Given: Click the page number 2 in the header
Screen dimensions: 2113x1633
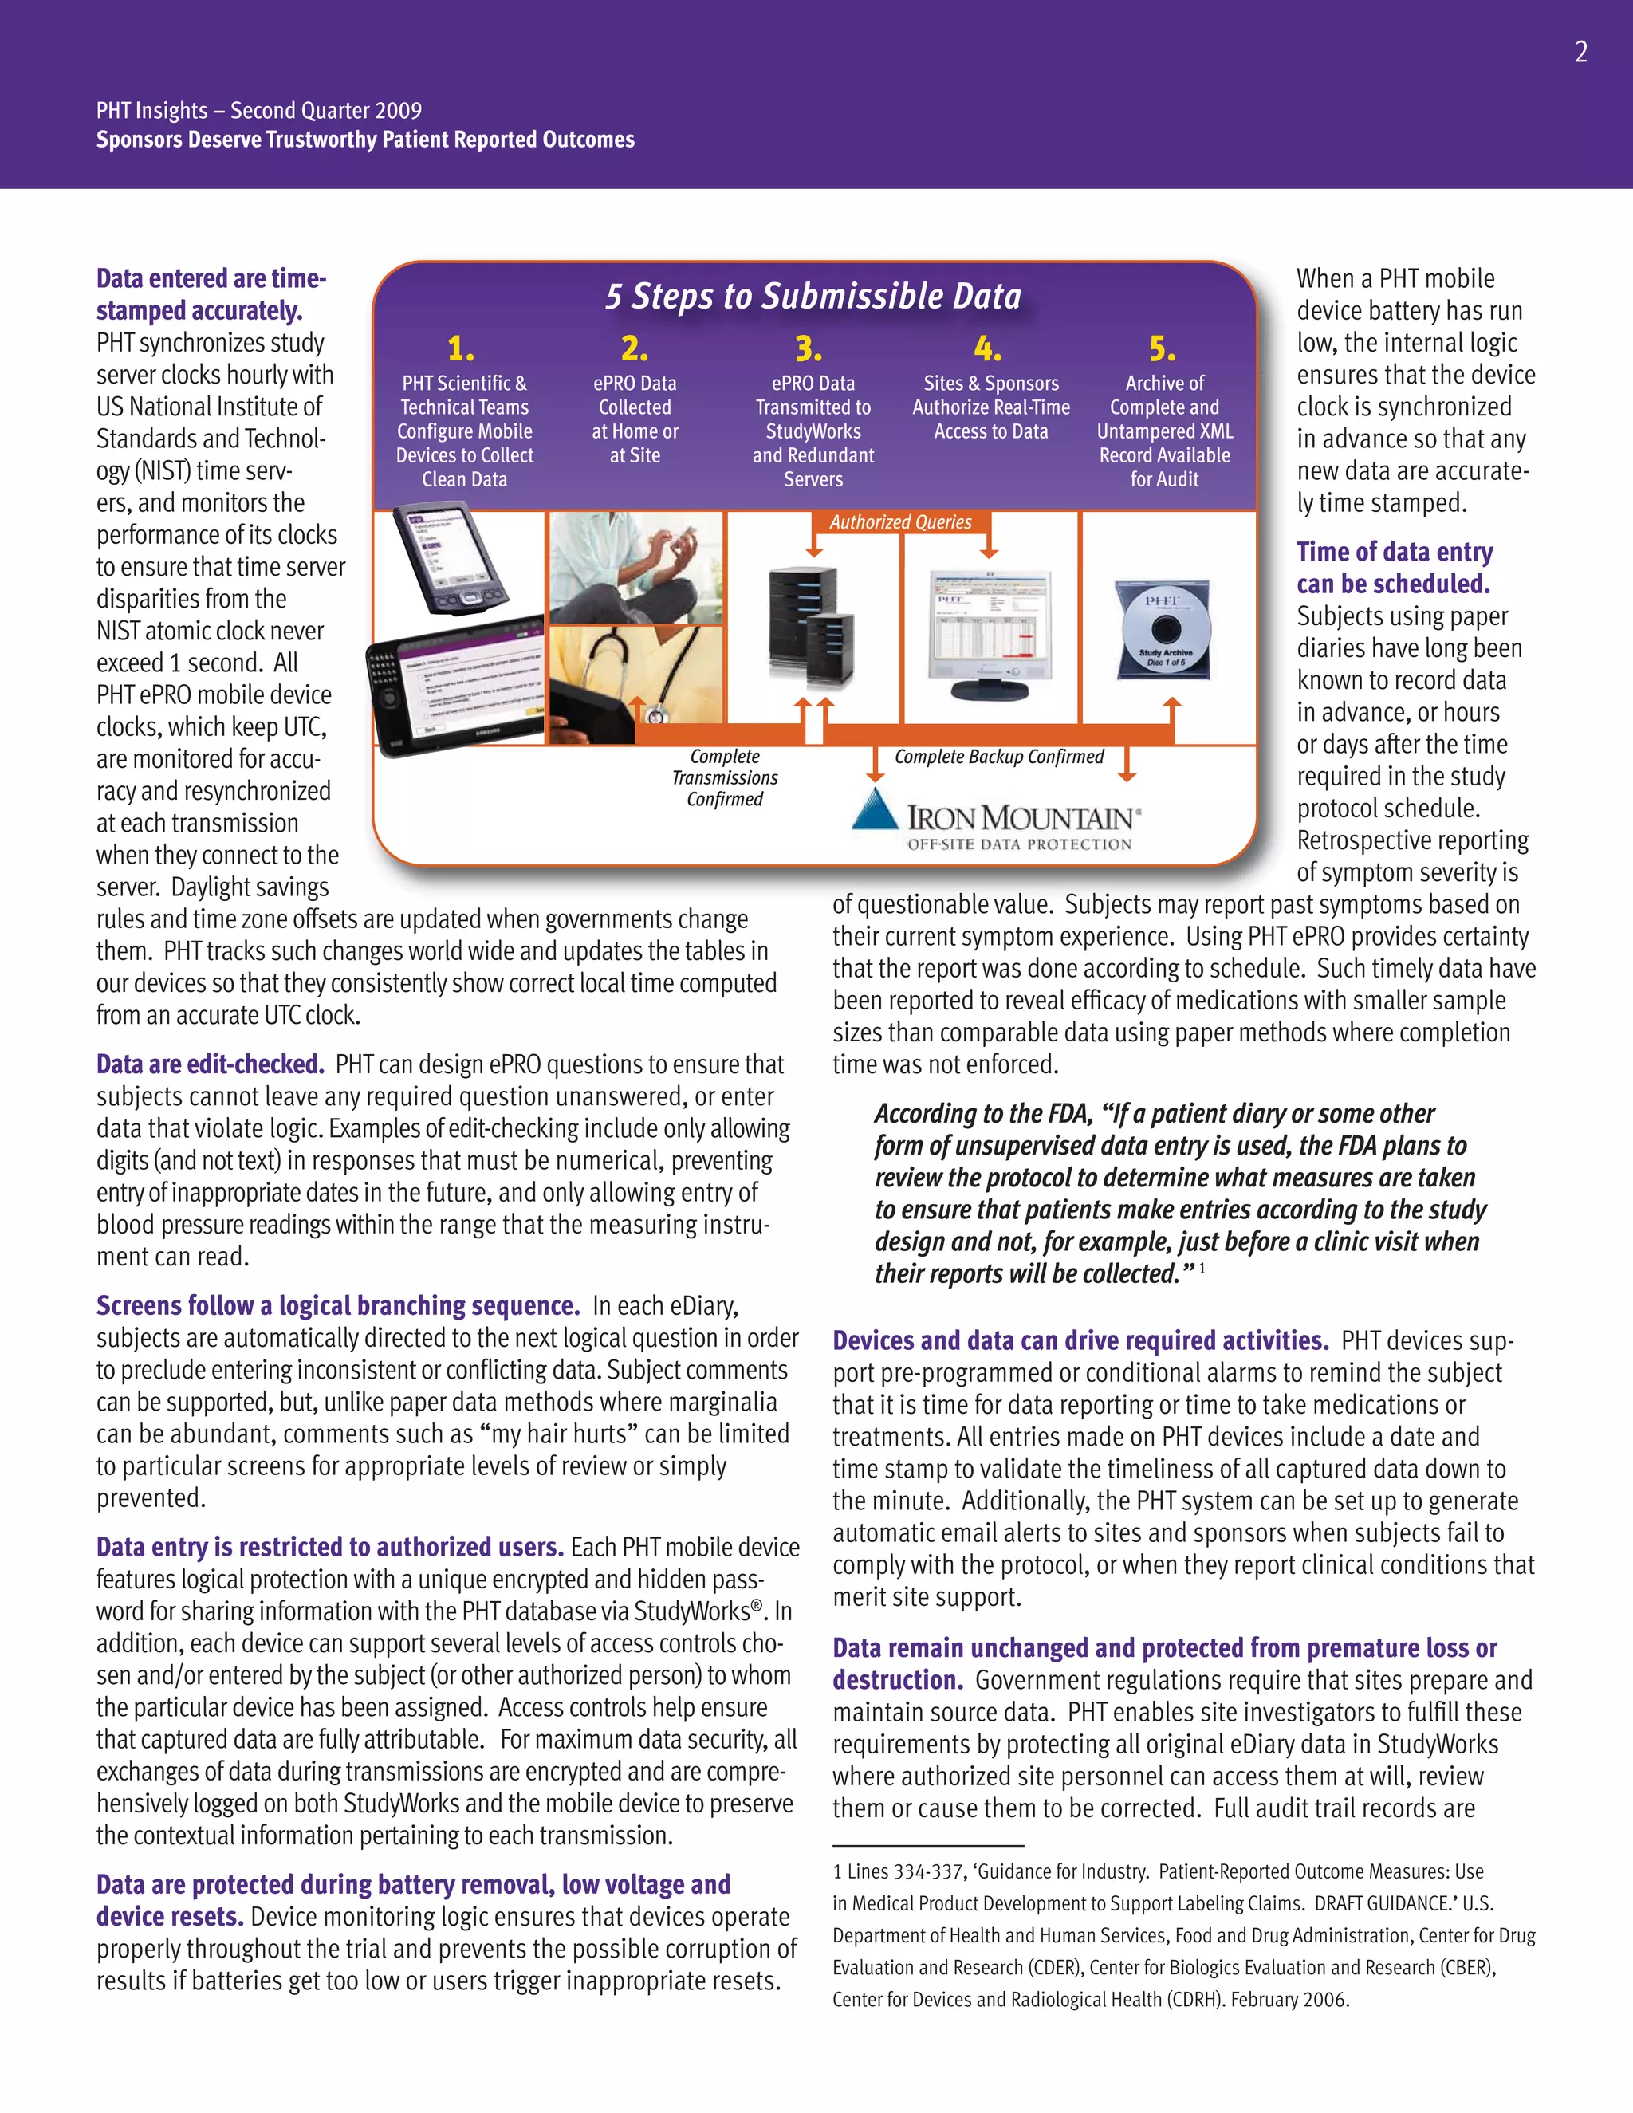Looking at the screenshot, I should coord(1580,53).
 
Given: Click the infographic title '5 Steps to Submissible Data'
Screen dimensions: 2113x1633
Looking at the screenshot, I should coord(813,296).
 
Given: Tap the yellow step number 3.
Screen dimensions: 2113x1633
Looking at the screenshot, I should coord(808,348).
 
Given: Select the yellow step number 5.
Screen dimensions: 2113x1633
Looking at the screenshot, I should coord(1162,348).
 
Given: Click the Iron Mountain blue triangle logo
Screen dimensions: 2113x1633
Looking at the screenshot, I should coord(875,810).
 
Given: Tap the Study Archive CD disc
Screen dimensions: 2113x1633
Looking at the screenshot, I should coord(1162,630).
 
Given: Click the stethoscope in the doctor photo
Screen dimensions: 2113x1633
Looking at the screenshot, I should coord(654,711).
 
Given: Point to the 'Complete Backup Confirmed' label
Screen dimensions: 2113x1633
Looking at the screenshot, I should coord(998,757).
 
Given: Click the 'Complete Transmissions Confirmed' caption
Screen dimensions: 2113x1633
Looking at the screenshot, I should coord(725,778).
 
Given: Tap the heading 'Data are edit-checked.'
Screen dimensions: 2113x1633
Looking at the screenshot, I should coord(210,1065).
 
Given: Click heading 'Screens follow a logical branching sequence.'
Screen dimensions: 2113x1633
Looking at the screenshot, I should coord(337,1306).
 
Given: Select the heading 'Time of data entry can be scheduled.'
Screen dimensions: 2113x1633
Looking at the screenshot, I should coord(1393,568).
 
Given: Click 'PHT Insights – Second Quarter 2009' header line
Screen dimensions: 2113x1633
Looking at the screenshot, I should coord(258,110).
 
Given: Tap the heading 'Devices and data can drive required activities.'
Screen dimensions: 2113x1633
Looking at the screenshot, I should coord(1080,1341).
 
